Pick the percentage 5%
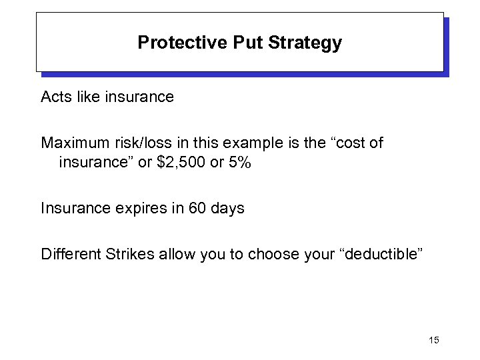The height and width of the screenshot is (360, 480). coord(238,162)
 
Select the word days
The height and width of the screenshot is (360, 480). coord(227,208)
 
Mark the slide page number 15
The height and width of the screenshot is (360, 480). coord(434,341)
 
